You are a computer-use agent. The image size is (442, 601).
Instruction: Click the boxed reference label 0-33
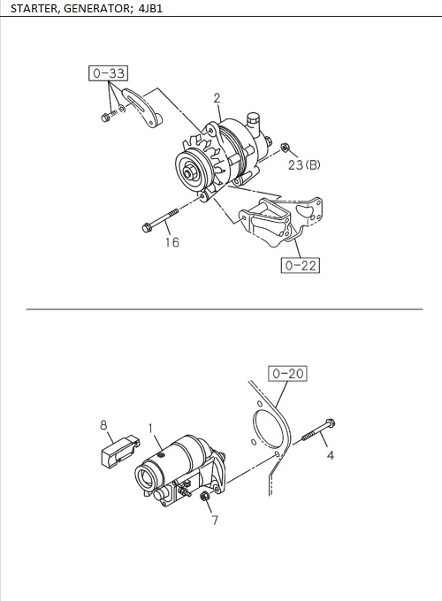[108, 73]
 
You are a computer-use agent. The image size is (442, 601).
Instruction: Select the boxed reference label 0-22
[300, 263]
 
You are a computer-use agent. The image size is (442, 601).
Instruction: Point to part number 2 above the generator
[217, 98]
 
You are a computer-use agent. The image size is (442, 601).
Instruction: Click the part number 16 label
[171, 242]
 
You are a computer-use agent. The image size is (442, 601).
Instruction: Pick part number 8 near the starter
[103, 425]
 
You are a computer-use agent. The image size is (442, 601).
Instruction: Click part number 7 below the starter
[213, 521]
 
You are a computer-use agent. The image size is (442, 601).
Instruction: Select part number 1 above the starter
[151, 428]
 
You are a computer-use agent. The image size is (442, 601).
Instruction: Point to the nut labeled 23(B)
[284, 147]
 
